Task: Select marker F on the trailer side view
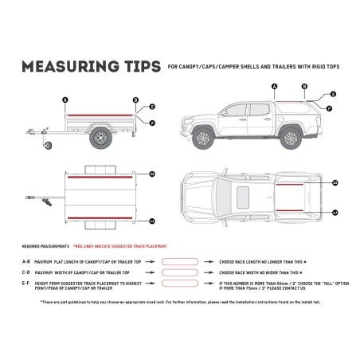click(152, 122)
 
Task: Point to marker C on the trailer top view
click(152, 172)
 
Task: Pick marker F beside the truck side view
click(330, 107)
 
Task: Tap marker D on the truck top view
click(335, 183)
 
